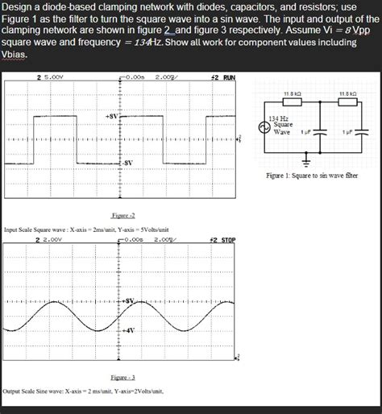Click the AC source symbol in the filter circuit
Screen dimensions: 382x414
tap(263, 129)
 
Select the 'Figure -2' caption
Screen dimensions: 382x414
tap(122, 216)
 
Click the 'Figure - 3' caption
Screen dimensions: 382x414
tap(122, 377)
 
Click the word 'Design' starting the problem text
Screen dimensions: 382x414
tap(20, 8)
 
